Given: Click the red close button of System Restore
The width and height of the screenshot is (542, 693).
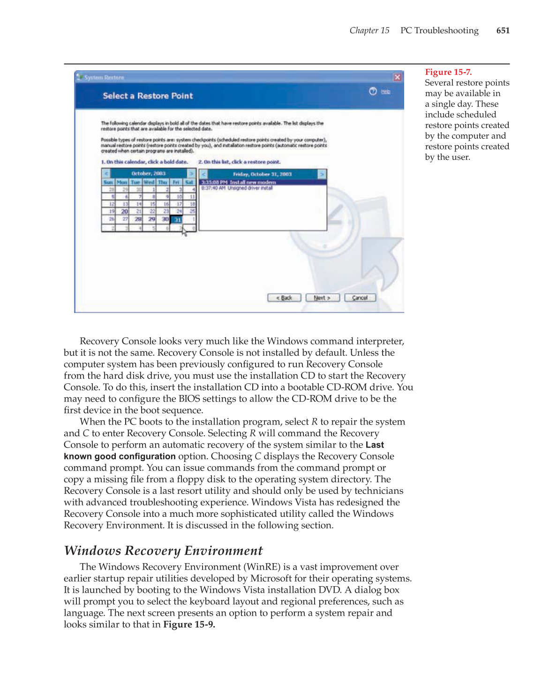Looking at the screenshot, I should point(397,77).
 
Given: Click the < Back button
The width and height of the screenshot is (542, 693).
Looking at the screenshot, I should point(284,298).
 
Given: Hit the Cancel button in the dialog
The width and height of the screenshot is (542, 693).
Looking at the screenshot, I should point(360,298).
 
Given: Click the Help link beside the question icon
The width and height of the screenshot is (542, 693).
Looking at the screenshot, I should point(385,92).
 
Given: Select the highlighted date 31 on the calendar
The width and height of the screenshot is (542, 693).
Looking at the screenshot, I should point(177,219).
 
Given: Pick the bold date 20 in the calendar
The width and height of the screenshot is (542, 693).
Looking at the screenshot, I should point(124,211).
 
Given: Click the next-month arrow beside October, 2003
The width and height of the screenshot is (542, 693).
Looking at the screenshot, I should point(191,174).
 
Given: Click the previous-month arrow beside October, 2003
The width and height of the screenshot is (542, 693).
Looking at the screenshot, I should point(106,174).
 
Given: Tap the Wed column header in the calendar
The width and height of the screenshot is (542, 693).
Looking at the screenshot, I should point(149,182).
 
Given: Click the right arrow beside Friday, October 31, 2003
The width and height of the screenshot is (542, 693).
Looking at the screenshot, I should point(322,174).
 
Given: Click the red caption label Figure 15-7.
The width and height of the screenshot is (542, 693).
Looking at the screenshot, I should point(448,72).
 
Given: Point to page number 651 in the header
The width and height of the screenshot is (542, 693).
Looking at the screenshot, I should point(503,30).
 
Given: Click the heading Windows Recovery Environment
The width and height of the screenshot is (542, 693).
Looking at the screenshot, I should point(163,551).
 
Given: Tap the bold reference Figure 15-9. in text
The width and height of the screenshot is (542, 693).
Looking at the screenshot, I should point(189,625).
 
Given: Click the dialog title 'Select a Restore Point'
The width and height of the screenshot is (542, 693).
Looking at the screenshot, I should point(148,96).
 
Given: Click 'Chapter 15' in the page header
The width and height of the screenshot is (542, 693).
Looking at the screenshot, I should point(369,30).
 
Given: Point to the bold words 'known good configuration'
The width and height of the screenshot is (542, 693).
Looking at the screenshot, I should point(120,456).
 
